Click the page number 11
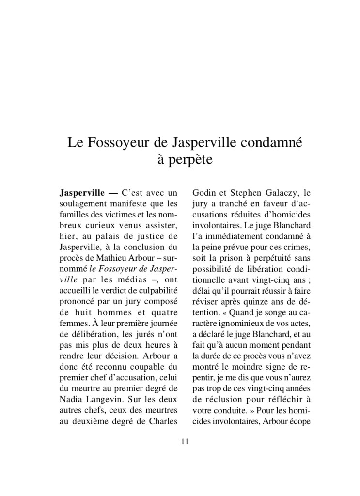click(184, 441)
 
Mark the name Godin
click(204, 191)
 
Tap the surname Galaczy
click(282, 191)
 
